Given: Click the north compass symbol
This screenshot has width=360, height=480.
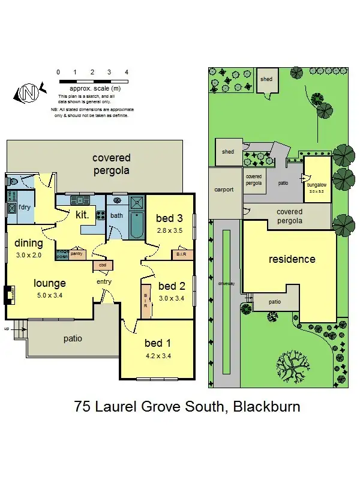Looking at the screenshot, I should point(28,93).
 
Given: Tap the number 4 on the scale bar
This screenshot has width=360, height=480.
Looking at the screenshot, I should point(127,72).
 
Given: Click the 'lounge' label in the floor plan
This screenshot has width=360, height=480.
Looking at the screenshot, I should point(50,283).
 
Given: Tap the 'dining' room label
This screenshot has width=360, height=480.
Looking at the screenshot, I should point(29,243).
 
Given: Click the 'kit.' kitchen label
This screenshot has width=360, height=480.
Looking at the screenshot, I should point(82,214).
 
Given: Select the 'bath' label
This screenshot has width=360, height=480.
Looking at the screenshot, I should point(116,215).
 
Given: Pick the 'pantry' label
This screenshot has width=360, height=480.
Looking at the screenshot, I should point(76,254).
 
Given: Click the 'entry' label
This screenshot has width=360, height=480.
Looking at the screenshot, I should point(104,282).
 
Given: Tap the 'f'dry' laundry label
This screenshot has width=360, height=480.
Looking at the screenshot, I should point(25,208).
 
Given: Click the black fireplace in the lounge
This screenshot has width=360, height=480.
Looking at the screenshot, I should point(8,295).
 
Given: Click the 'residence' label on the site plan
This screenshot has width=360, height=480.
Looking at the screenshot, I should point(292,259).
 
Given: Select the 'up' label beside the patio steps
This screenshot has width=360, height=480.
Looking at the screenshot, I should point(7,329).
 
